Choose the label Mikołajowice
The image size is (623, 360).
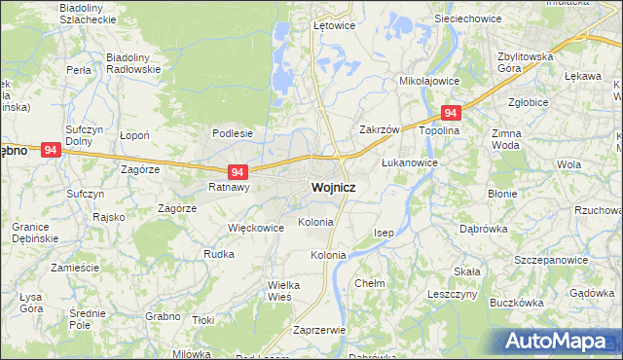pos(429,81)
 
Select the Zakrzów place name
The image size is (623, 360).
pos(380,129)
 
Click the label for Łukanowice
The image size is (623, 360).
pos(409,162)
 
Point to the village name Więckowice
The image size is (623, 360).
pos(255,228)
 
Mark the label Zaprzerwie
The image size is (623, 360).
pos(319,330)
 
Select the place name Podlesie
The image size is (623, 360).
pos(233,133)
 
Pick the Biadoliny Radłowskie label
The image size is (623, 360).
pos(132,63)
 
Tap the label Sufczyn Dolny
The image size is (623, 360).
pos(85,134)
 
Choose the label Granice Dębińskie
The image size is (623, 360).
pos(35,232)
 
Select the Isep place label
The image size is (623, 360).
pos(385,234)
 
